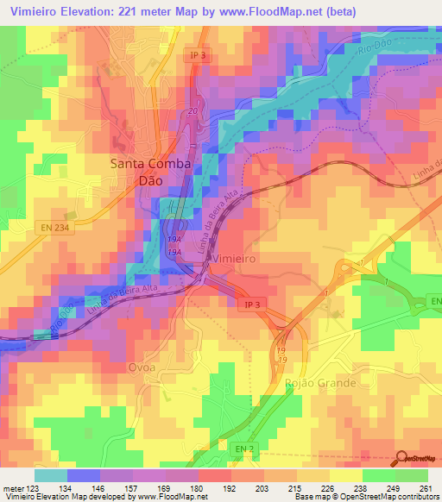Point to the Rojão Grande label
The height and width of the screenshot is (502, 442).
[x=321, y=381]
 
